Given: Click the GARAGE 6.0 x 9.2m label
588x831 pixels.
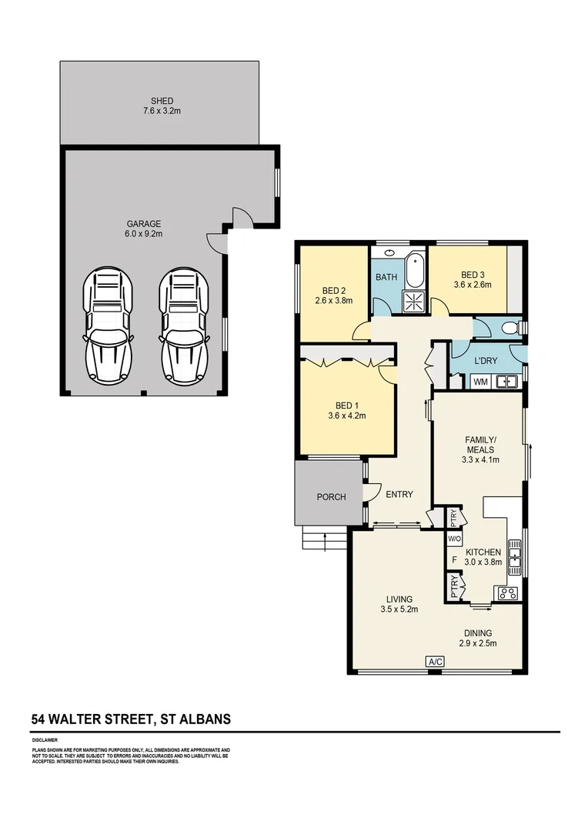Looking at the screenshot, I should tap(144, 229).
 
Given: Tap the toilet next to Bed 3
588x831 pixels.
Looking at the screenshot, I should tap(509, 329).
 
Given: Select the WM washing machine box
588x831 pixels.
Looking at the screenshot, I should tap(480, 381).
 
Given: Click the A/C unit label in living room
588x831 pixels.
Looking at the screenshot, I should tap(434, 661).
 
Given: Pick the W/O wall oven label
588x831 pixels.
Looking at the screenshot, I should tap(454, 539).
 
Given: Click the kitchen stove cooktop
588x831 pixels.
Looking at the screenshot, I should tap(508, 592).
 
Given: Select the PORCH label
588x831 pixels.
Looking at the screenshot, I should tap(331, 497).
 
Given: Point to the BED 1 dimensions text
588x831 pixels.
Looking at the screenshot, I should tap(346, 415).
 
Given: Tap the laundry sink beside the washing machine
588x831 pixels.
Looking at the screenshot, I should tap(506, 381).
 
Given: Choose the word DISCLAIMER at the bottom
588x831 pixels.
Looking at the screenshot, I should tap(45, 740).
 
